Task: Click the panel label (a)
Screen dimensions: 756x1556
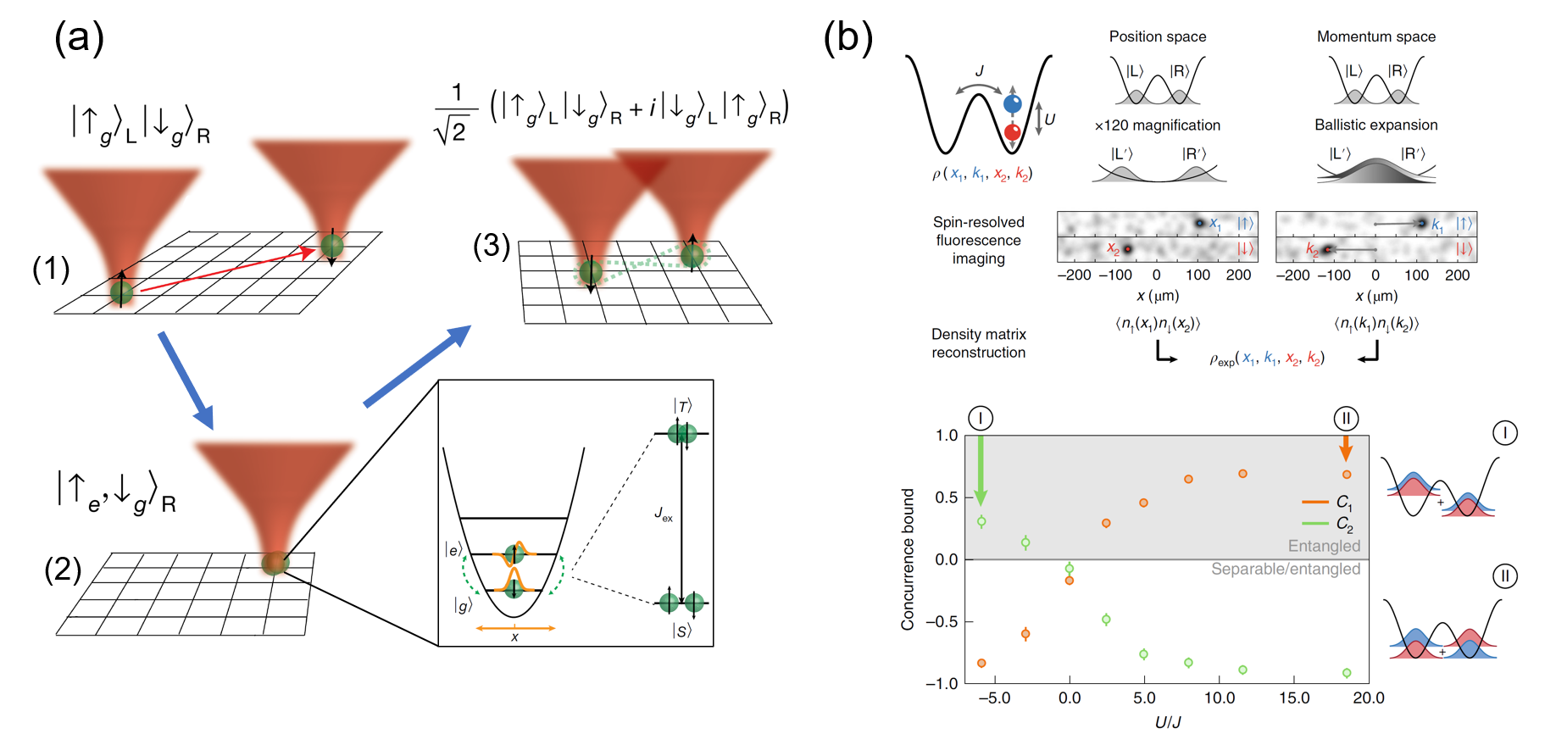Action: (x=79, y=38)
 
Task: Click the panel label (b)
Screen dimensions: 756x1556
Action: (x=847, y=38)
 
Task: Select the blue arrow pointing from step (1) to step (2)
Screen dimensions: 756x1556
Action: (x=186, y=380)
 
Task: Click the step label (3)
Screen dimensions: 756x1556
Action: (x=492, y=246)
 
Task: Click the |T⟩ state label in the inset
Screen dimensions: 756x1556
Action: (x=682, y=407)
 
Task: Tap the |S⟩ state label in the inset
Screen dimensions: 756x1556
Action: (x=682, y=631)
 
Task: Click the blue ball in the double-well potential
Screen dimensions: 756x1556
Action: (x=1012, y=104)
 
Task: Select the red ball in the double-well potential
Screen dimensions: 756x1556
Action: (x=1012, y=132)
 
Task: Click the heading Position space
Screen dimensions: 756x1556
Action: (x=1157, y=36)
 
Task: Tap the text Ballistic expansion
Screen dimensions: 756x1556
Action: (x=1375, y=125)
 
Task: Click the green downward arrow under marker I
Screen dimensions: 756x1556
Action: (x=981, y=470)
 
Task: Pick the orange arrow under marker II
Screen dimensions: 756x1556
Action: (x=1346, y=447)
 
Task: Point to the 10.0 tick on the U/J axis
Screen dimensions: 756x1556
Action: (x=1219, y=698)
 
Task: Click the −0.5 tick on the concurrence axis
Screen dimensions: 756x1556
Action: (x=941, y=622)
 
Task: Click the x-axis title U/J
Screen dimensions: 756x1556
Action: (x=1167, y=722)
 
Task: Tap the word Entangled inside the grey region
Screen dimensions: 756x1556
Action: (x=1324, y=546)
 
